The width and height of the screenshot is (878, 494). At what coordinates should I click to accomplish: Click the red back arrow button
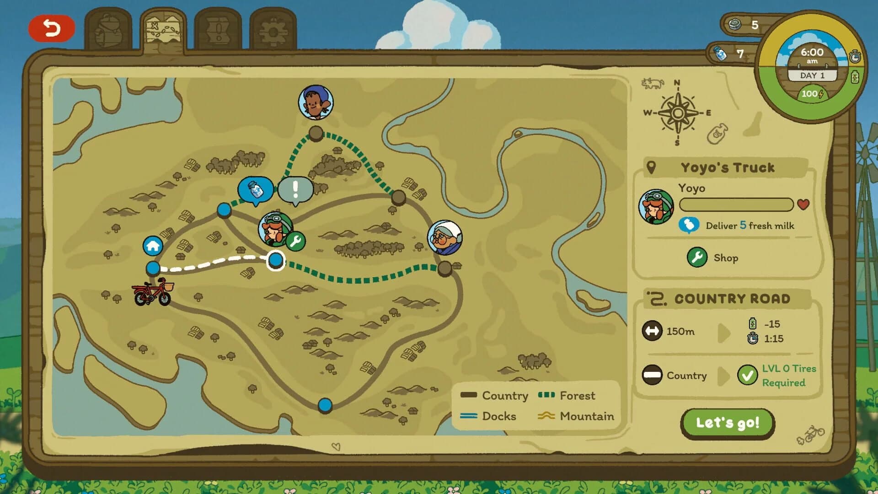tap(51, 28)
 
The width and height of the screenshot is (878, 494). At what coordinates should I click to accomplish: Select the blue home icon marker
tap(153, 246)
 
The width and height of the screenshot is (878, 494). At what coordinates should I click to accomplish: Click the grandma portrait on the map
tap(444, 237)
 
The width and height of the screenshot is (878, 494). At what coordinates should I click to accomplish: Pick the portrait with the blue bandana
tap(316, 102)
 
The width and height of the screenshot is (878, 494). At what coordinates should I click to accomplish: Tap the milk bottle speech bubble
tap(256, 189)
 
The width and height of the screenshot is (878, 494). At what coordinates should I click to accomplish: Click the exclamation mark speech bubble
tap(295, 189)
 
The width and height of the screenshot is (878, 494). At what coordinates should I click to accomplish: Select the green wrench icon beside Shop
tap(697, 258)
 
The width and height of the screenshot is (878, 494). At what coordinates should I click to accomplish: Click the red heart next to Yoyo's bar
tap(803, 204)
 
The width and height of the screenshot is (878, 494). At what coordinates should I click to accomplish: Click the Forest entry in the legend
tap(567, 396)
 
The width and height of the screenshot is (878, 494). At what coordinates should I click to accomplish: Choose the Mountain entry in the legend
tap(576, 416)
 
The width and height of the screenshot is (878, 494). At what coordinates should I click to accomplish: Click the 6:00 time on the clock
tap(812, 52)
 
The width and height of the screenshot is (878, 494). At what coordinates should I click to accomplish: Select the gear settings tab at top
tap(273, 31)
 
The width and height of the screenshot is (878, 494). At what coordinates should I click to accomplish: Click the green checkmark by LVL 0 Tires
tap(747, 376)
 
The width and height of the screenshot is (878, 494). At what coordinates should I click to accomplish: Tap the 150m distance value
tap(680, 331)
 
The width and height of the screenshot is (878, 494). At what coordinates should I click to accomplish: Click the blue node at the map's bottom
tap(325, 405)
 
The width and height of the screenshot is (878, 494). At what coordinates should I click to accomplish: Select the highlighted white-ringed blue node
tap(275, 260)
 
